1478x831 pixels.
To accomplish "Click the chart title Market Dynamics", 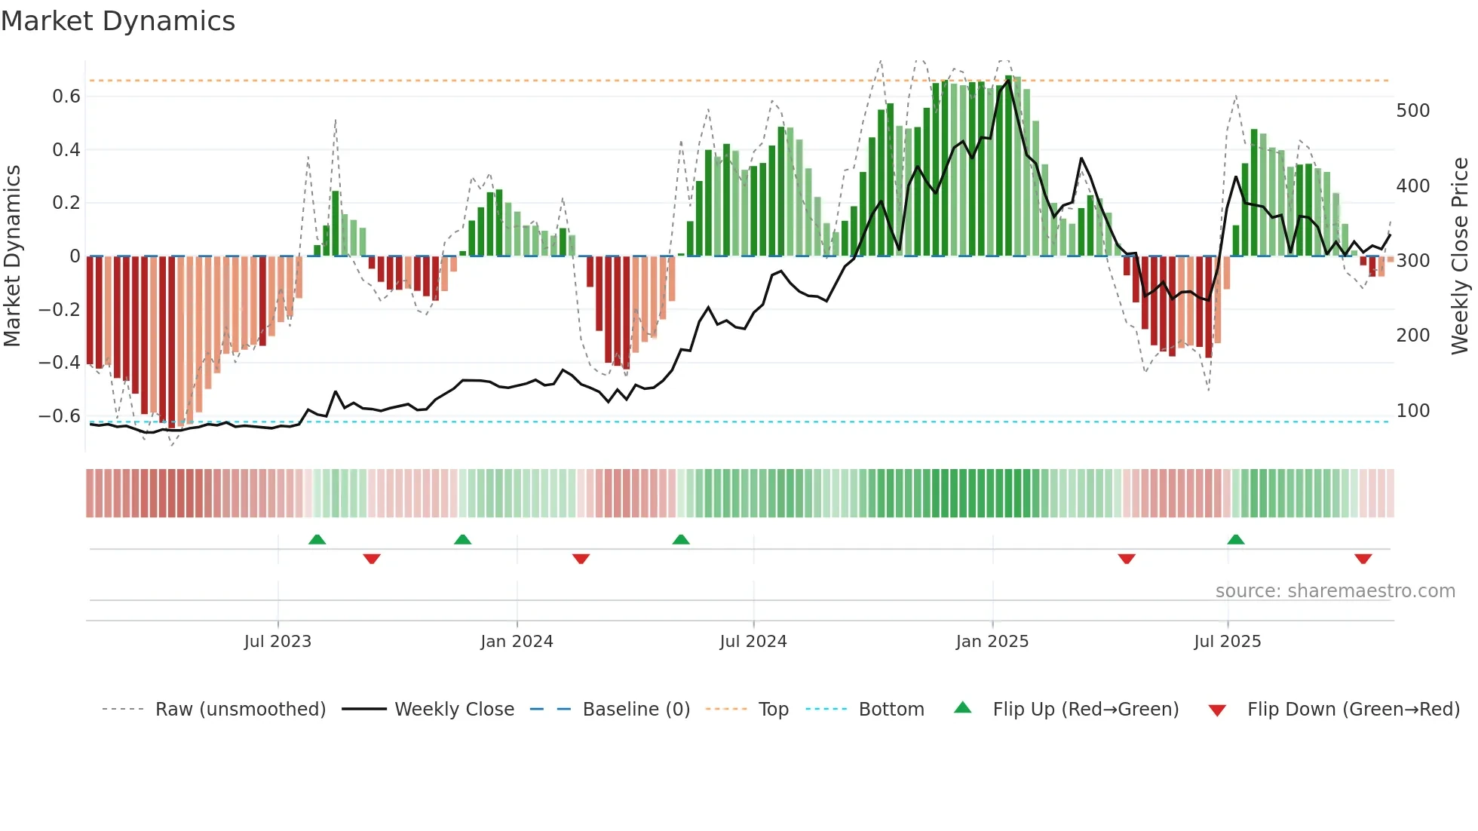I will (x=118, y=21).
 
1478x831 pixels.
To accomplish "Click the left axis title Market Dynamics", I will (x=12, y=256).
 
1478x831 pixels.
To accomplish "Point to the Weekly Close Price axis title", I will (x=1460, y=256).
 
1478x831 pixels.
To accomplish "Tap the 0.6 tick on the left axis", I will (x=66, y=97).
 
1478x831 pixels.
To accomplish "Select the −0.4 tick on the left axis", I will (x=60, y=363).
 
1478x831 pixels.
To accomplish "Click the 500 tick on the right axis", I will (x=1412, y=111).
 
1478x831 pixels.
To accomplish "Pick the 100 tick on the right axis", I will (x=1412, y=411).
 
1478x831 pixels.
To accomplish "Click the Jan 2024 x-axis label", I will (x=517, y=642).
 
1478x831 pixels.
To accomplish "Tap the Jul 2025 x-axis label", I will (x=1227, y=642).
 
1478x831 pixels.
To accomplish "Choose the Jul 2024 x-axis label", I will (x=753, y=642).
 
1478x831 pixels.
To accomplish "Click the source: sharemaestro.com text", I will (x=1335, y=591).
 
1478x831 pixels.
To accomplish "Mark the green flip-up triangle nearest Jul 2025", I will (x=1235, y=540).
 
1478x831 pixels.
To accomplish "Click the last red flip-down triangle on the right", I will (x=1363, y=559).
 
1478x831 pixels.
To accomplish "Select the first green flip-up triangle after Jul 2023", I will (x=317, y=540).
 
